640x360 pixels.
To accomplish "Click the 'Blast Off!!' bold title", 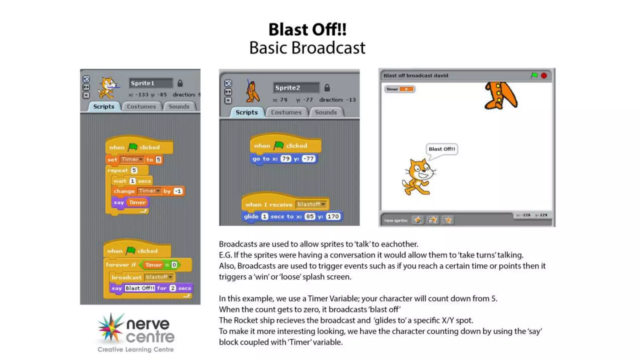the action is click(x=307, y=30).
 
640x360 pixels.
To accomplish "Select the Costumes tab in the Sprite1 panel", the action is click(x=141, y=107).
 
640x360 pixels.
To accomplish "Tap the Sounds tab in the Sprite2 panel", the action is click(x=326, y=112).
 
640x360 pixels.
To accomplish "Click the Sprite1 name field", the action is click(x=150, y=83).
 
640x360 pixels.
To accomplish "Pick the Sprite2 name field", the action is click(x=296, y=88).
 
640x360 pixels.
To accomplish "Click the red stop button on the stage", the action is click(x=544, y=76).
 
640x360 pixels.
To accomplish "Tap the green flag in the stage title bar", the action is click(x=534, y=76).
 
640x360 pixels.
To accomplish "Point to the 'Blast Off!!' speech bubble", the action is click(x=442, y=149).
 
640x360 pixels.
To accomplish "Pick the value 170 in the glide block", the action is click(x=333, y=217).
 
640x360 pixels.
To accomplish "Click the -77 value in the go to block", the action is click(x=309, y=159).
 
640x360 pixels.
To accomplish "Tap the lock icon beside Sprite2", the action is click(x=327, y=88).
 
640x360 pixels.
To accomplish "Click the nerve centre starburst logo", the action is click(x=111, y=327).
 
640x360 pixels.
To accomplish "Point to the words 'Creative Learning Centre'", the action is click(x=135, y=350).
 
